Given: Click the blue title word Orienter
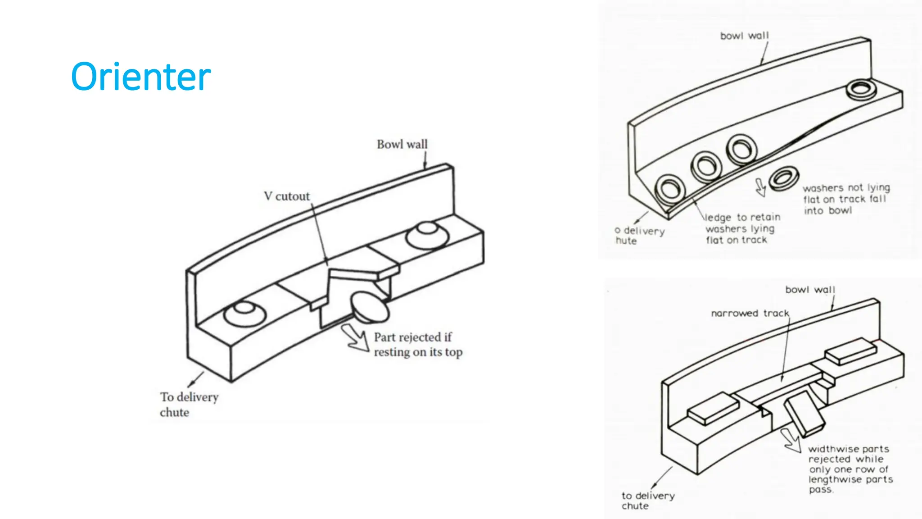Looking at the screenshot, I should [140, 77].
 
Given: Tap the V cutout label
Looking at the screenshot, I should [287, 196].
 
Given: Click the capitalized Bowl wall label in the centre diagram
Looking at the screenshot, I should [402, 144].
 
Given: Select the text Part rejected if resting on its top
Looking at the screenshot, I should [417, 345].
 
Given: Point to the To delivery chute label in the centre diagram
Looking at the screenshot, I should [189, 404].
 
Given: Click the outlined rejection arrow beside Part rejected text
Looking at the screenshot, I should [356, 337].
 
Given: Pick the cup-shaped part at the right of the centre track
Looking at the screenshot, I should [427, 233].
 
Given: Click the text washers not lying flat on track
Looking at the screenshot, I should [845, 199].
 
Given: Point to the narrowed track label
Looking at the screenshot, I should [750, 313].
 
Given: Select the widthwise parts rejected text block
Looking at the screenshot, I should [850, 469].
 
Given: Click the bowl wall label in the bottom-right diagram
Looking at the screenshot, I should [810, 290].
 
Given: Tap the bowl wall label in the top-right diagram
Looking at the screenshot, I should [745, 36].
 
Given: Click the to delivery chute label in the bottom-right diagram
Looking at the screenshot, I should [648, 500].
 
